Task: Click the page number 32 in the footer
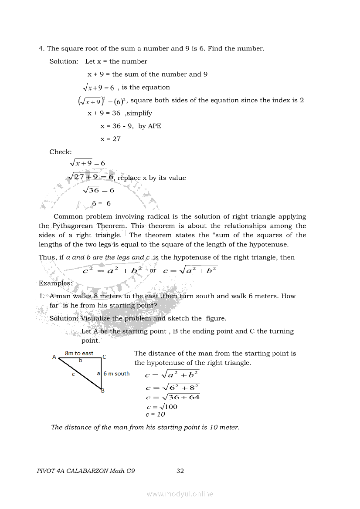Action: point(180,471)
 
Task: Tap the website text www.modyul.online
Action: point(180,494)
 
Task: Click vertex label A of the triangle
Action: point(54,357)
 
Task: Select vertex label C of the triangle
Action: point(104,357)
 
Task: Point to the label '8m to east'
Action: point(79,353)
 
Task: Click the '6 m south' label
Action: point(116,374)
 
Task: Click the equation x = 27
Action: point(110,139)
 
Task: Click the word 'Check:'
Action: point(61,152)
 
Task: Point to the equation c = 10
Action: point(155,415)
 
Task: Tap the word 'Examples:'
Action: point(55,283)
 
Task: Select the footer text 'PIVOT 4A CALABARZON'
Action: point(72,471)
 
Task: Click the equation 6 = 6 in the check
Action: point(101,203)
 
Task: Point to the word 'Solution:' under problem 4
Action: point(64,61)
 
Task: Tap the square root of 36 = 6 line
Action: point(98,190)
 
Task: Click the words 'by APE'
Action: point(150,126)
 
